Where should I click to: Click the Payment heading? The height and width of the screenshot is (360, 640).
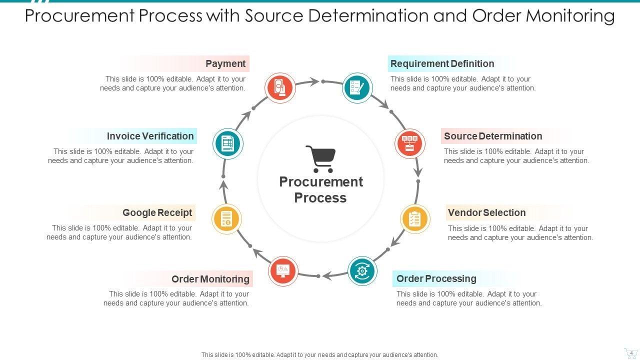225,64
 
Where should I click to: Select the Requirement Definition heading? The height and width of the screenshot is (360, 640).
442,64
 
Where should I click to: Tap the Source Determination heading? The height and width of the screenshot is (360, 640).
492,136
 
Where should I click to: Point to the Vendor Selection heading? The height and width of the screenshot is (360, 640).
486,212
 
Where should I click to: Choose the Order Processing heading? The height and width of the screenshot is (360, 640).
436,278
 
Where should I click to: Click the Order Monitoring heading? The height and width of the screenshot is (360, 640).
210,279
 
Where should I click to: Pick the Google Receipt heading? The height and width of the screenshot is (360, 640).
157,212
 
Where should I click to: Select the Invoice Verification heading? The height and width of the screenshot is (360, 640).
150,136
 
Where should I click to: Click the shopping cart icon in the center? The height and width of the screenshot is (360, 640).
320,158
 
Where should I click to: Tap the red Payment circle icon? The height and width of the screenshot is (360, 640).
280,88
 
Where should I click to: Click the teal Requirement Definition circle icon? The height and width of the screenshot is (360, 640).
357,88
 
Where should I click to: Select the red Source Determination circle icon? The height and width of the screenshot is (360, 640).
410,143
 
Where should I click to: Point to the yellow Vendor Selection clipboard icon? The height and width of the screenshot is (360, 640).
415,219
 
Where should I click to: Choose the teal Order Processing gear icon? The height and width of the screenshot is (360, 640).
362,271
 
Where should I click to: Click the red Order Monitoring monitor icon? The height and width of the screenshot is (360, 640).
283,271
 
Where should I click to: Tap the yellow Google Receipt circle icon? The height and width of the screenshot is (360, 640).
226,219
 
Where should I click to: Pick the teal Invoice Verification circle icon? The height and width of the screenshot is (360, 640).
228,143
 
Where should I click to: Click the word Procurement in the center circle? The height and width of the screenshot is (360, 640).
321,181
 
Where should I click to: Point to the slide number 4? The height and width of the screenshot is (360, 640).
631,353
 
